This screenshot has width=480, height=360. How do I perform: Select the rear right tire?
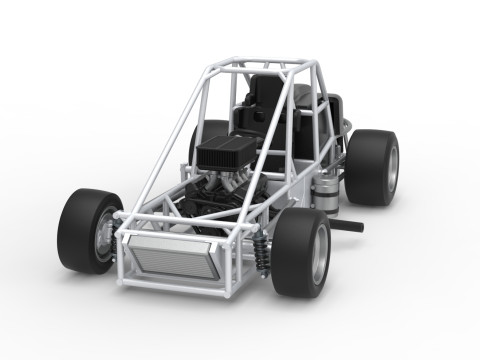tap(374, 164)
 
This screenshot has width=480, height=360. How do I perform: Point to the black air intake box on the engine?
tap(228, 151)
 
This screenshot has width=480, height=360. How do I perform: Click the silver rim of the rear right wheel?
tap(391, 170)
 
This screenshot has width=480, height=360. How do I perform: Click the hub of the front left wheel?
tap(102, 240)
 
